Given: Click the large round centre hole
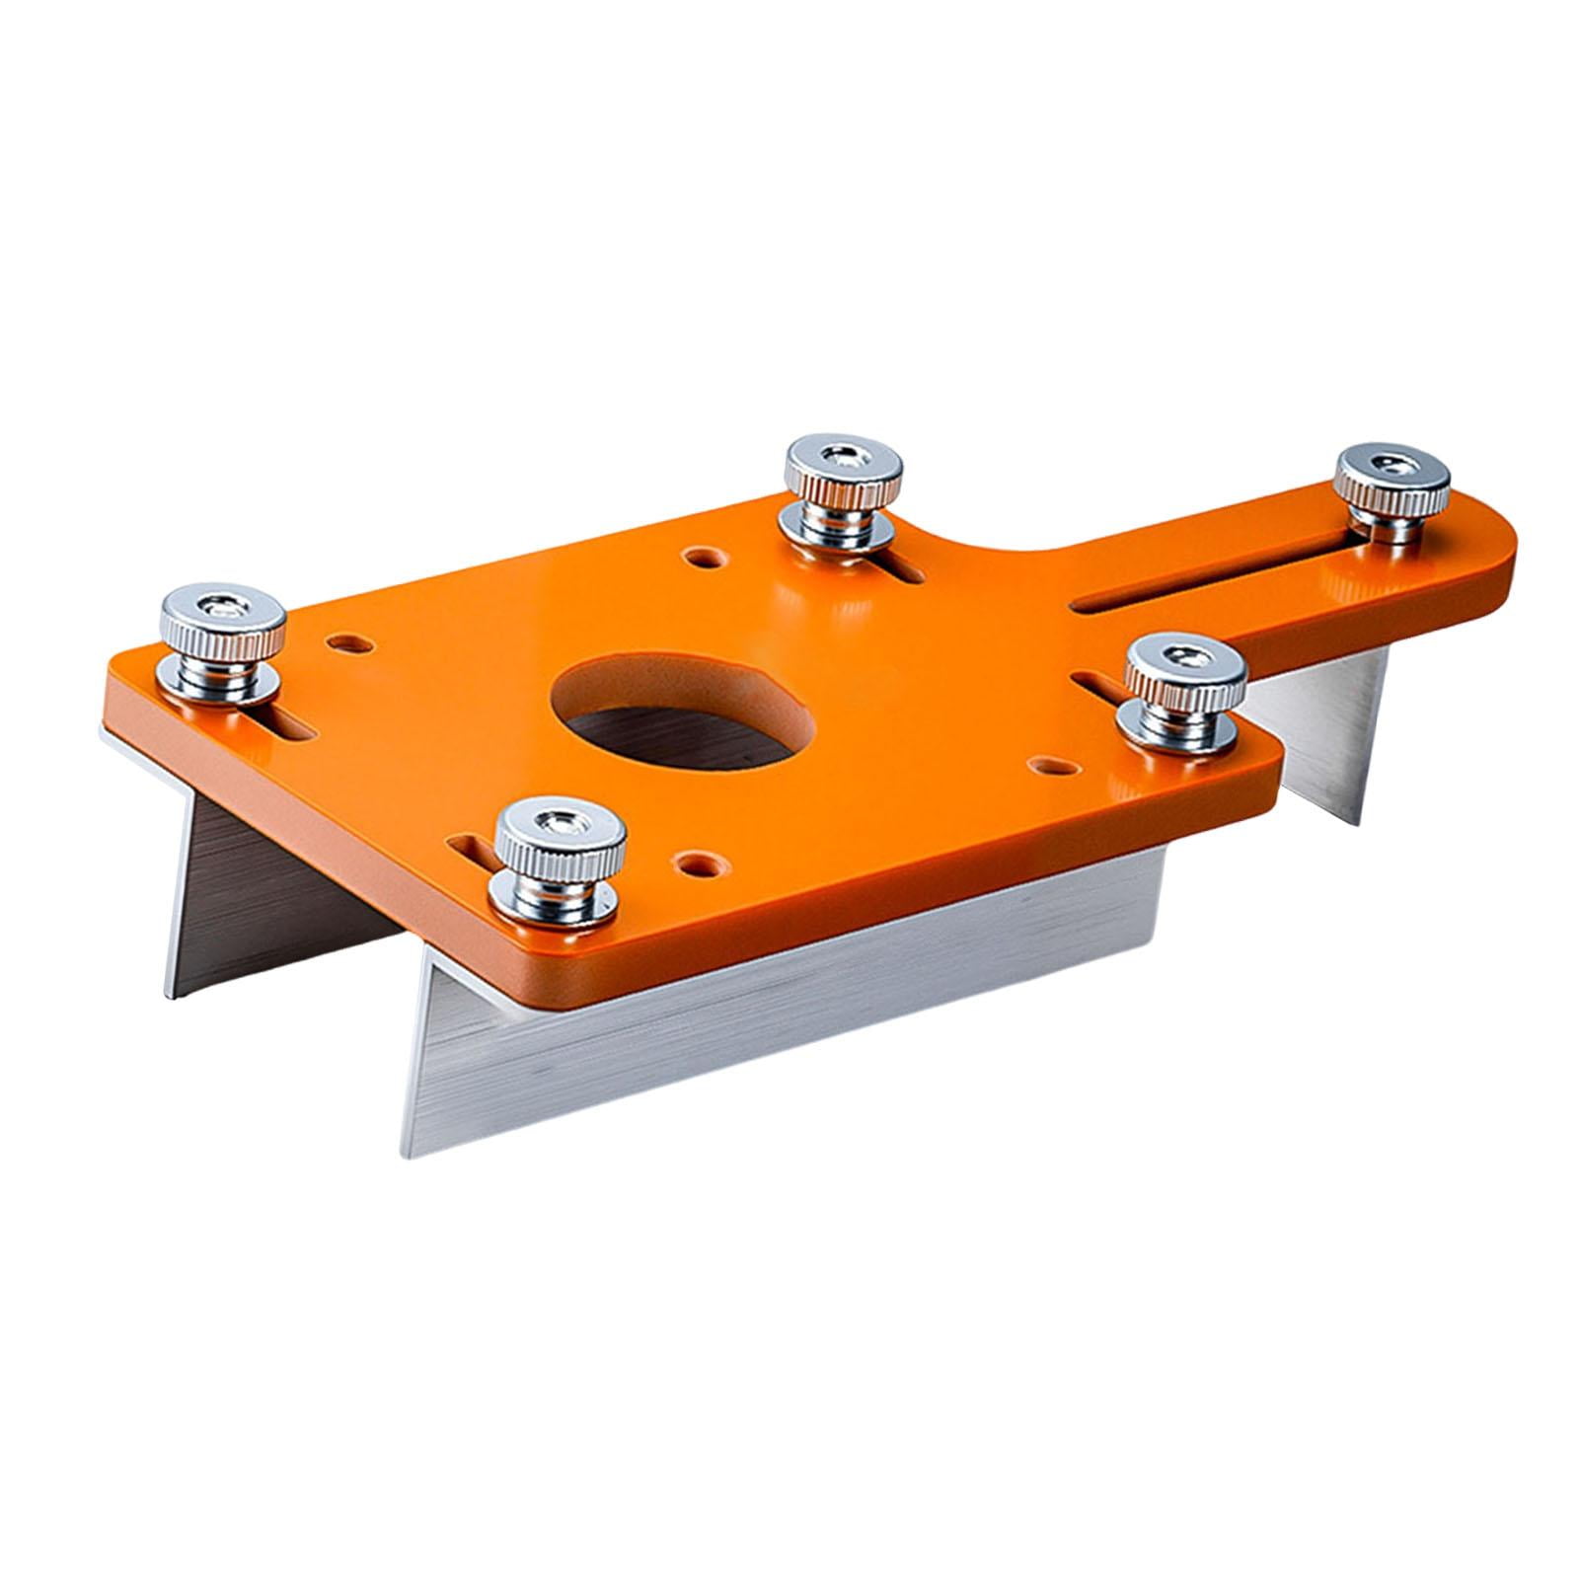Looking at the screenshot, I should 682,707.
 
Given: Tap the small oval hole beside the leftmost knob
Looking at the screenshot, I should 353,644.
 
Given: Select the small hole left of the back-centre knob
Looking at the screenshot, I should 703,560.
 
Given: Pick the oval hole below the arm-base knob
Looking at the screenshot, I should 1050,765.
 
